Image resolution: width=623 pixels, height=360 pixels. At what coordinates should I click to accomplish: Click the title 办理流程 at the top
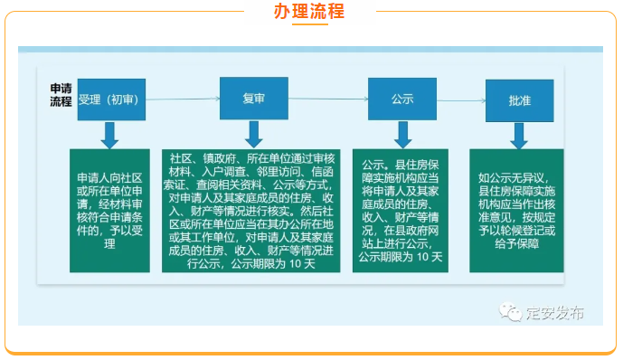coord(309,11)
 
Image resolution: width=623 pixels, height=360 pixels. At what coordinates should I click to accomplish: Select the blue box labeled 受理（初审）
coord(111,99)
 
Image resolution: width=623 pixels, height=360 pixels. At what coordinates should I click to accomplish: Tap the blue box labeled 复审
coord(254,99)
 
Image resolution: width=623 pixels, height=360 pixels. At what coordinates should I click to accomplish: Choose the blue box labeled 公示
coord(402,99)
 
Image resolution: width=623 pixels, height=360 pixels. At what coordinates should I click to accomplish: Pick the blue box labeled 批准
coord(519,100)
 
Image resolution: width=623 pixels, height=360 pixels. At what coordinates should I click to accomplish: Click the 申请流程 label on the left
coord(61,95)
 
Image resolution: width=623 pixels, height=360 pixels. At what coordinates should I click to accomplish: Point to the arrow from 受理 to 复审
coord(183,99)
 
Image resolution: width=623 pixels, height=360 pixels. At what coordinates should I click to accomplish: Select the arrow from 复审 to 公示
coord(328,99)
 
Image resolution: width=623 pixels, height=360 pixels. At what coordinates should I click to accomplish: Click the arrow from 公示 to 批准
coord(461,100)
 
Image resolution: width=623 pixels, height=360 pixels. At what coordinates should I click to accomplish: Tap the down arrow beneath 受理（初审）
coord(109,135)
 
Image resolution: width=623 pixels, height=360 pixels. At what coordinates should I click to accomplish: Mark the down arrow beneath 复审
coord(253,134)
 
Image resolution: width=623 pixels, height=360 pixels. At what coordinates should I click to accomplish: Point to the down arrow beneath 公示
coord(403,135)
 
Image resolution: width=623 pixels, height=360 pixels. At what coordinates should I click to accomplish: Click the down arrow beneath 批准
coord(519,136)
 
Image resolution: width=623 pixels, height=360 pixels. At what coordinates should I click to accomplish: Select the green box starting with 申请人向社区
coord(109,211)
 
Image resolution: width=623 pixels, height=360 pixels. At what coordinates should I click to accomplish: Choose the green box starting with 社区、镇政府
coord(250,211)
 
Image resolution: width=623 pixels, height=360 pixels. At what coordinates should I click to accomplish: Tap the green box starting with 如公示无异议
coord(516,211)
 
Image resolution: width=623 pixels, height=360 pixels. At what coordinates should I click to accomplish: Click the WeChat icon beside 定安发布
coord(510,312)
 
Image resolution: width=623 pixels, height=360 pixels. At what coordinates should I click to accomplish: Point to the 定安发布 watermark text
coord(555,313)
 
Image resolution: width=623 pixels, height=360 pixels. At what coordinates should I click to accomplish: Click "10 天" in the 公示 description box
coord(429,257)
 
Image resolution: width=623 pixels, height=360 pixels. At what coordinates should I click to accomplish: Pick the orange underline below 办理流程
coord(310,24)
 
